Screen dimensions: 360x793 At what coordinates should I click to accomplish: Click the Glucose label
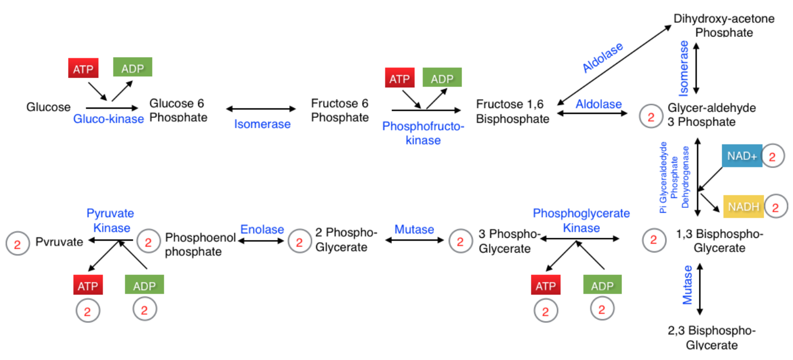point(49,107)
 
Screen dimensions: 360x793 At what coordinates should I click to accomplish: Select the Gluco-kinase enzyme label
point(109,119)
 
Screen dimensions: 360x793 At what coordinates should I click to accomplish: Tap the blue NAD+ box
point(742,157)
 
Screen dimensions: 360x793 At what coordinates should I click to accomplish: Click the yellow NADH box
point(743,207)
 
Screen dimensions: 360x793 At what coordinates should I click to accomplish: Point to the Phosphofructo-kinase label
point(423,133)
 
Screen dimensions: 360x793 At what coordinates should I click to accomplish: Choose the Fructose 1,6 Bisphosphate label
point(512,111)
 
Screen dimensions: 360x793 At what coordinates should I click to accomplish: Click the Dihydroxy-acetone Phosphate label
point(724,26)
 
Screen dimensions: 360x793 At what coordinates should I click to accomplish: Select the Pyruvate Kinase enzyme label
point(110,220)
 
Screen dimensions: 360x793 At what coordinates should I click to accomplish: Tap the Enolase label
point(263,230)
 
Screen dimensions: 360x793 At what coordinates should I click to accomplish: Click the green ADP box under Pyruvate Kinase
point(144,285)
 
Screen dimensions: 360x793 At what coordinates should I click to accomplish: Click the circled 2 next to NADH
point(776,207)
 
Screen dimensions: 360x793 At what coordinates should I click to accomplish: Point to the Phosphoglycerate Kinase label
point(581,220)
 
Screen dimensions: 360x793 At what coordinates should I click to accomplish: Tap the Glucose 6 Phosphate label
point(178,110)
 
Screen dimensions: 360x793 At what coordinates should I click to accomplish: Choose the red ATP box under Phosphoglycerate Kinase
point(545,286)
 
